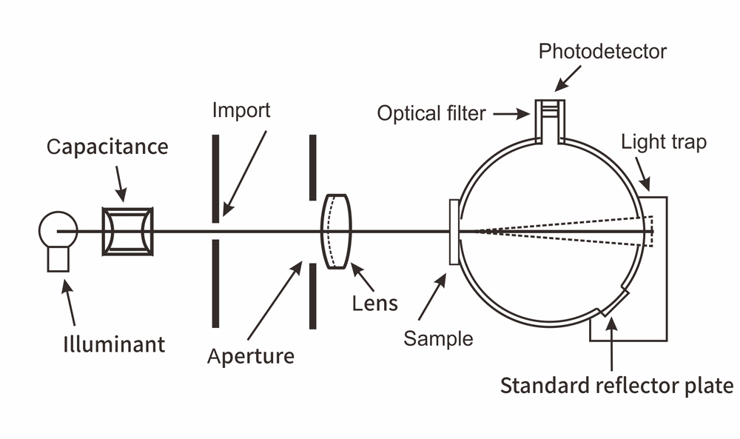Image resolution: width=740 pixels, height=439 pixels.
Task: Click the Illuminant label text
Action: [x=113, y=344]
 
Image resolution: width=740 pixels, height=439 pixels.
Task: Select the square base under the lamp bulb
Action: [x=58, y=258]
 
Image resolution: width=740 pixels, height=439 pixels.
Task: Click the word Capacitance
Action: [x=107, y=147]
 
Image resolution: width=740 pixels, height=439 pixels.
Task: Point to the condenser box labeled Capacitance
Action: [x=127, y=231]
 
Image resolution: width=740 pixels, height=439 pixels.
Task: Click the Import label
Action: [x=241, y=110]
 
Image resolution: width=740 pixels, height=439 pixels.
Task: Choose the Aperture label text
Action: [x=251, y=356]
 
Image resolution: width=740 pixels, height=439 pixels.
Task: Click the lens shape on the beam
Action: [x=336, y=232]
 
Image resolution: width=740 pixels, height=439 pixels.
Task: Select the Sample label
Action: [x=438, y=338]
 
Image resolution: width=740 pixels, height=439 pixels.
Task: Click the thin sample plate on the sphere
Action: [x=454, y=232]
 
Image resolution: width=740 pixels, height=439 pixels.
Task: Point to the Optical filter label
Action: [x=431, y=113]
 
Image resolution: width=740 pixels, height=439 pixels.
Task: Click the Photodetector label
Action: [x=602, y=51]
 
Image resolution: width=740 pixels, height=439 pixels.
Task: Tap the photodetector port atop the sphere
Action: [x=550, y=118]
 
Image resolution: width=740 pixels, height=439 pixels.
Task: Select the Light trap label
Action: [x=664, y=141]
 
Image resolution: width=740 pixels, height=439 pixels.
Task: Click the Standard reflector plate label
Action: [x=616, y=386]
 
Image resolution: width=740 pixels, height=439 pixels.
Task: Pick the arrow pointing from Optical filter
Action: [x=511, y=114]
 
